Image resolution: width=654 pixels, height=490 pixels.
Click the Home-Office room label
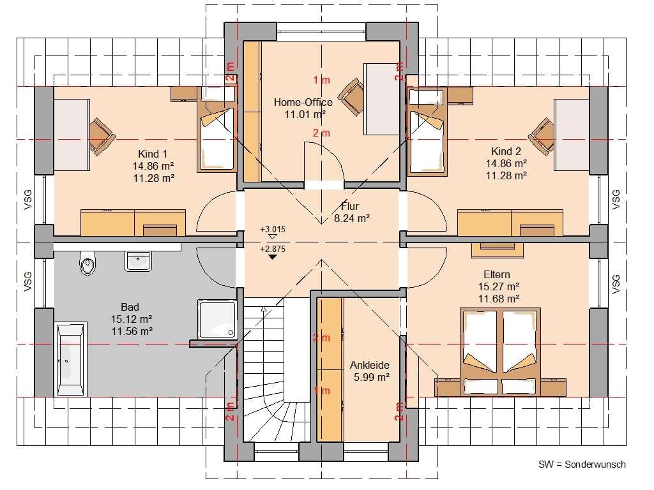[303, 102]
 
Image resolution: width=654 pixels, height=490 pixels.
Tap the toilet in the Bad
[87, 263]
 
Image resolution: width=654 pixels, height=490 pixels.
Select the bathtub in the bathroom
[71, 360]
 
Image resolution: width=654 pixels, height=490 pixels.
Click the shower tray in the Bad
[217, 319]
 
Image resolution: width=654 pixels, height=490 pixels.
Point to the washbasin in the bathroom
[138, 261]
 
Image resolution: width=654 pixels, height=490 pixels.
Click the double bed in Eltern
[500, 352]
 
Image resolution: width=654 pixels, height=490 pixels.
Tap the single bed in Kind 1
[216, 135]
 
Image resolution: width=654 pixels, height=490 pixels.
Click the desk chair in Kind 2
[542, 136]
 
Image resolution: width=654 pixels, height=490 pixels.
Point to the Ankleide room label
[370, 365]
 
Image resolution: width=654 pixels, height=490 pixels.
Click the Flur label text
[350, 206]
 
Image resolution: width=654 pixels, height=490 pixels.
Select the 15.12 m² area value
[132, 319]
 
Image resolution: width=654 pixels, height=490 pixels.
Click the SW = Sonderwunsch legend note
[582, 464]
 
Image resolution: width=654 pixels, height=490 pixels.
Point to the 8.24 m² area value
[352, 218]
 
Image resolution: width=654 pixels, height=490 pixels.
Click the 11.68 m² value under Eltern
[498, 299]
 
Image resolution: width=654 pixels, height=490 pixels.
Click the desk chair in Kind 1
[102, 137]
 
